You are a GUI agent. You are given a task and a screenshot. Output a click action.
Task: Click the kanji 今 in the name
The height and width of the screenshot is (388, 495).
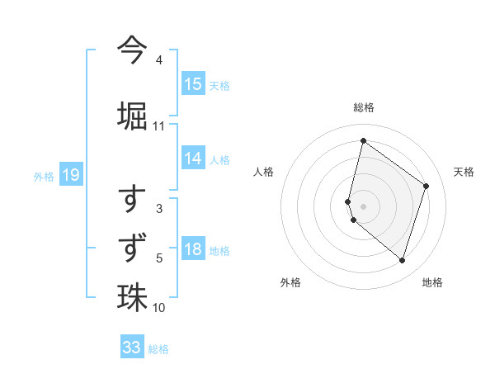tap(132, 48)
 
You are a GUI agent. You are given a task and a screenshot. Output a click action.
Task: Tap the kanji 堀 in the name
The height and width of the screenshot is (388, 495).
tap(132, 115)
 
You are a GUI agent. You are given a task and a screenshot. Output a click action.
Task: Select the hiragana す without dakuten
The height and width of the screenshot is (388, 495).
tap(132, 199)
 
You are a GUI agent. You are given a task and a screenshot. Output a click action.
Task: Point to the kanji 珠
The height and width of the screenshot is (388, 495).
tap(132, 298)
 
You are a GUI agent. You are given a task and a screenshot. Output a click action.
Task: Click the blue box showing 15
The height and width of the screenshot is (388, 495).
tap(193, 84)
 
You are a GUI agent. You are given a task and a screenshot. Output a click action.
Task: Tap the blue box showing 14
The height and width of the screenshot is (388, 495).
tap(193, 159)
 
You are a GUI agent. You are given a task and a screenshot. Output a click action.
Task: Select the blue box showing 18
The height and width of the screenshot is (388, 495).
tap(193, 250)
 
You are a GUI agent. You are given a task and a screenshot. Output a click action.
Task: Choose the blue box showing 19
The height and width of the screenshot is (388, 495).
tap(70, 175)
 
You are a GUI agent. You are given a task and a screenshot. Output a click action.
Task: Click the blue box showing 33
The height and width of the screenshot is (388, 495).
tap(132, 348)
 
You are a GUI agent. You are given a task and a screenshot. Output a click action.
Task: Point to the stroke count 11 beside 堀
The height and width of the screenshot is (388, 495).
tap(159, 126)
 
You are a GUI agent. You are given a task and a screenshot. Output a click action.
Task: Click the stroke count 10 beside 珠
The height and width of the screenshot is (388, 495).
tap(159, 308)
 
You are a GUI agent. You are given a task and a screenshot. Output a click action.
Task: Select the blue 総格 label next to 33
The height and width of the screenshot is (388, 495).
tap(158, 348)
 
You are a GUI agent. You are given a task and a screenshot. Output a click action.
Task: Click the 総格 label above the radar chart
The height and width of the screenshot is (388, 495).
tap(363, 107)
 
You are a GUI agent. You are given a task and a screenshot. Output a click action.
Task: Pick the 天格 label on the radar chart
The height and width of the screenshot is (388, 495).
tap(464, 172)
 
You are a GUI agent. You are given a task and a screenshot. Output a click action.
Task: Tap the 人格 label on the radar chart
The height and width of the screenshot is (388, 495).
tap(263, 172)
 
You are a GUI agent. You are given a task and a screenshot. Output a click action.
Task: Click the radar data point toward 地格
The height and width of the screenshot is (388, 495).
tap(402, 261)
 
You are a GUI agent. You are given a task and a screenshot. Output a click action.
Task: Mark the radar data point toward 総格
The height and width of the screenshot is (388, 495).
tap(363, 140)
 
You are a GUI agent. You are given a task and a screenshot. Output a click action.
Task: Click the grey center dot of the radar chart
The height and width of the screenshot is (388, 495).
tap(363, 206)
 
